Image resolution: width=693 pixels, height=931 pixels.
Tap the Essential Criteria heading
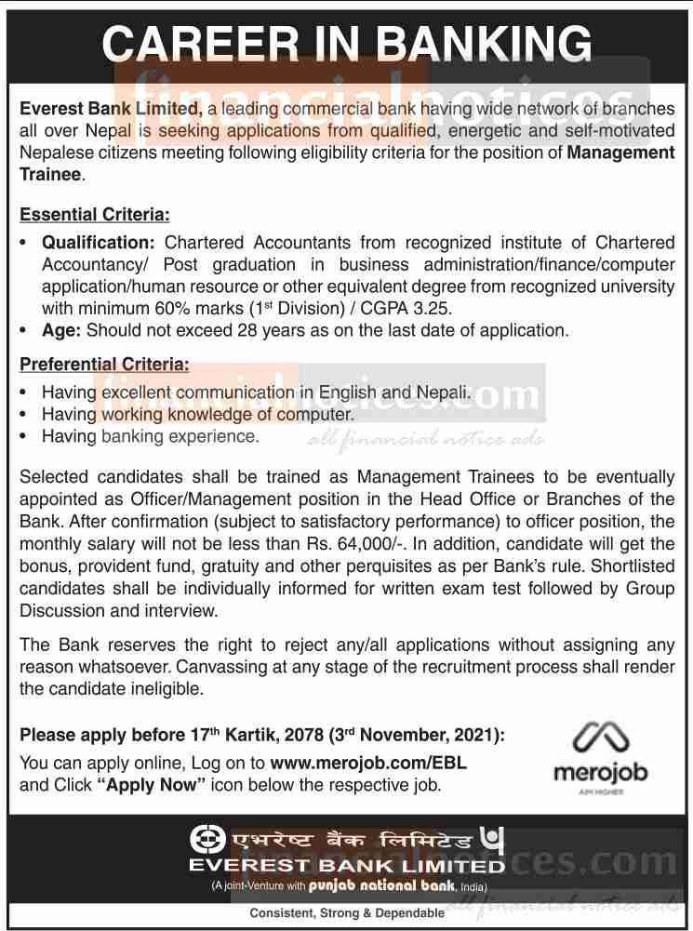pos(95,216)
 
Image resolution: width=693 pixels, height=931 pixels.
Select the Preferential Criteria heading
pos(105,365)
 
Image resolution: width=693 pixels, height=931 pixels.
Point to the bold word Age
pos(60,329)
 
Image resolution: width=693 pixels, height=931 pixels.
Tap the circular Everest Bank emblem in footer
pos(207,840)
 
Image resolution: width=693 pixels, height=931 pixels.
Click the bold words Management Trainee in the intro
pos(620,153)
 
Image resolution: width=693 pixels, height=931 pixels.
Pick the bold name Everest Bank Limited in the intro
pos(110,110)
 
